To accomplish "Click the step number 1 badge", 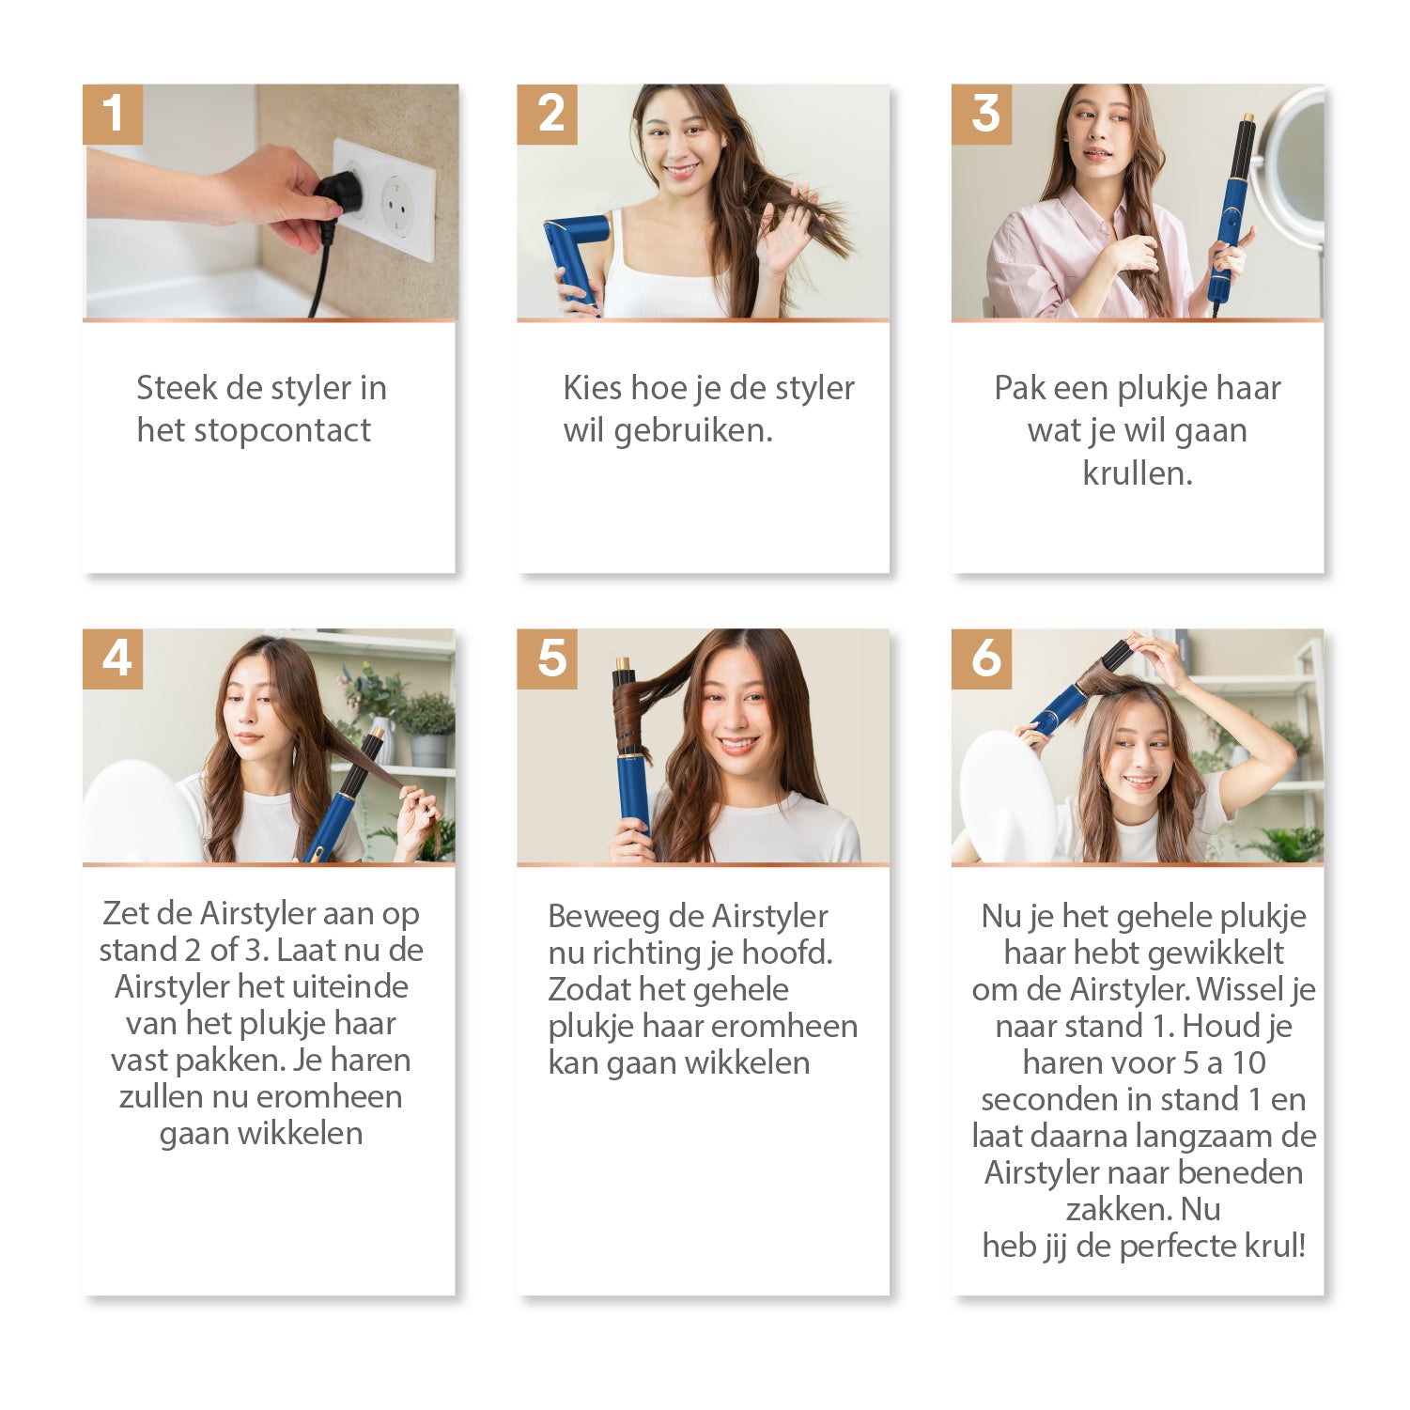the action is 113,115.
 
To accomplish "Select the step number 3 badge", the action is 982,115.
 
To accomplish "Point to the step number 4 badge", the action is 113,659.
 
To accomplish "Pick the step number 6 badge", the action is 982,659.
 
